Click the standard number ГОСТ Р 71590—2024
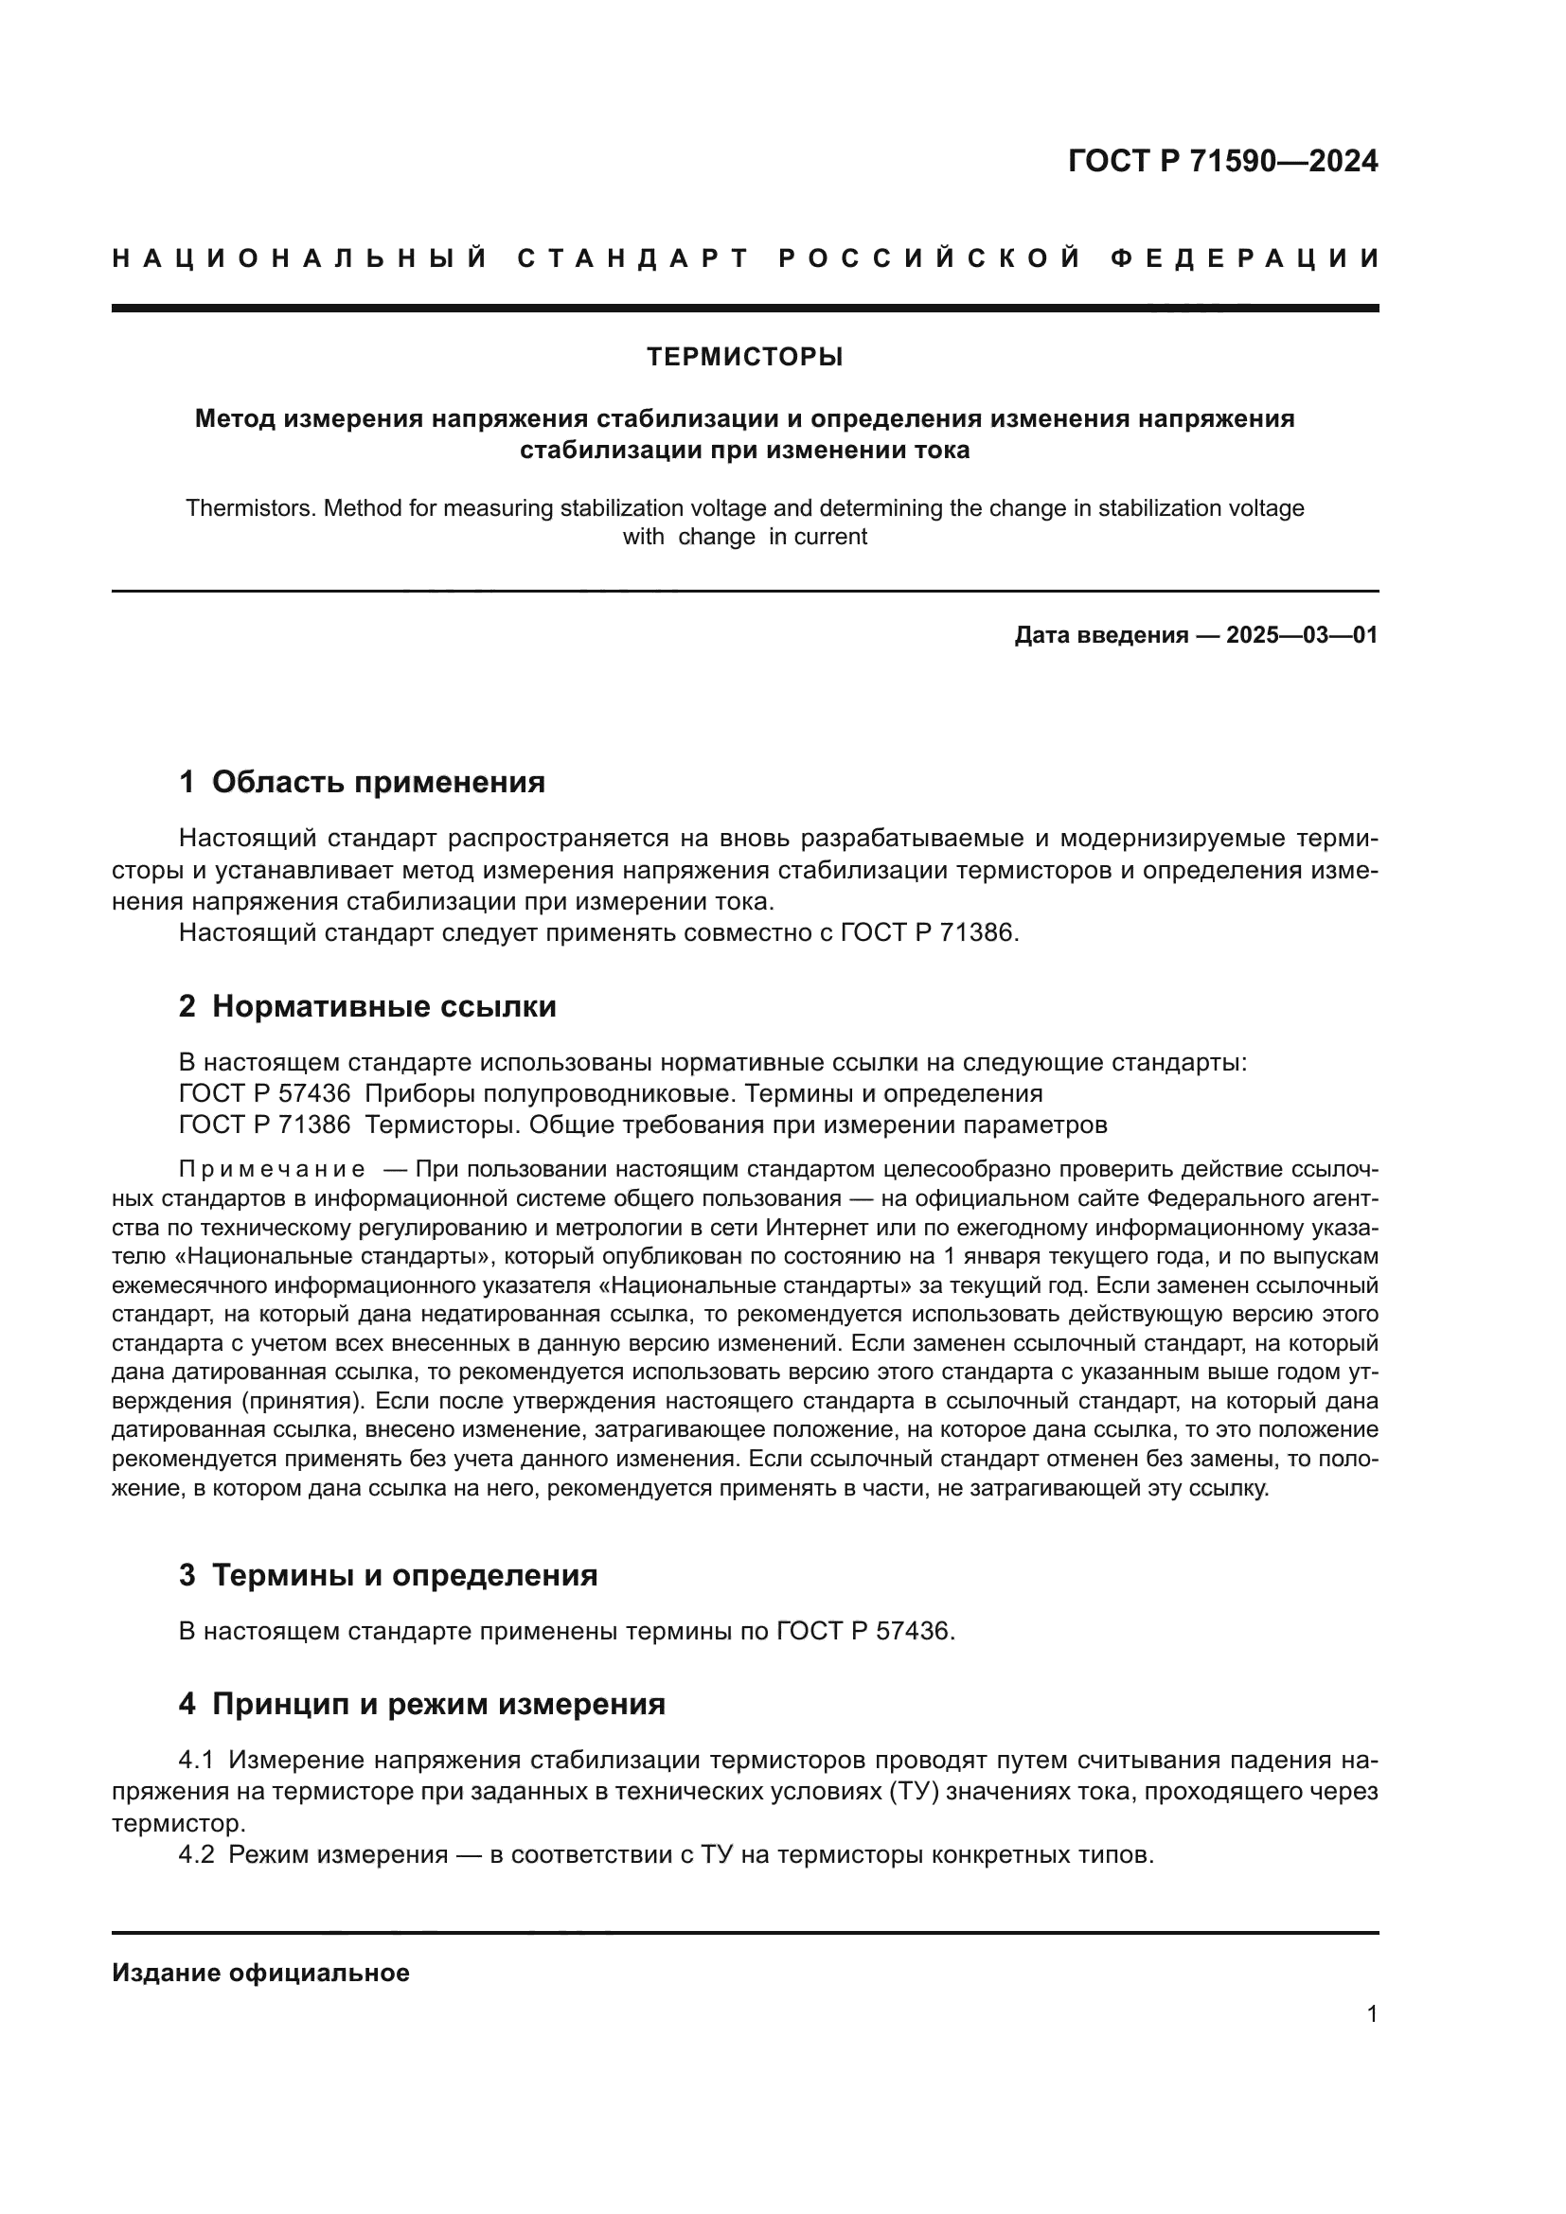pyautogui.click(x=1221, y=161)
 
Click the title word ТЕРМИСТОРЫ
pyautogui.click(x=744, y=357)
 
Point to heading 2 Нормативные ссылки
pyautogui.click(x=367, y=1006)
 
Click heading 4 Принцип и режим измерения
pyautogui.click(x=421, y=1704)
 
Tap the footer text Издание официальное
pyautogui.click(x=260, y=1973)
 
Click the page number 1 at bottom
pyautogui.click(x=1371, y=2014)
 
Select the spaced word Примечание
pyautogui.click(x=272, y=1170)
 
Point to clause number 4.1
pyautogui.click(x=196, y=1760)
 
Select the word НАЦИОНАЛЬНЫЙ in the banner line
pyautogui.click(x=300, y=258)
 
